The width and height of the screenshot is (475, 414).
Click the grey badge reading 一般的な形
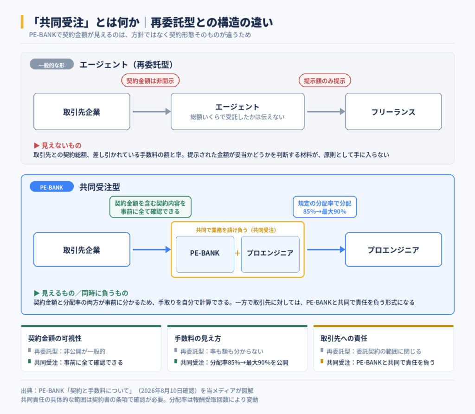(x=52, y=64)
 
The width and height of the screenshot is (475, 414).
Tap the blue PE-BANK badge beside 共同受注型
(x=52, y=186)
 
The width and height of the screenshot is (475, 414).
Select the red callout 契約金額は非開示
(x=150, y=81)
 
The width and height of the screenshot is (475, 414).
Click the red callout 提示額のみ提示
(x=325, y=81)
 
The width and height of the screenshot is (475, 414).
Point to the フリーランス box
(x=393, y=112)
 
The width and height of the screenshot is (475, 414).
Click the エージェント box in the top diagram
(x=237, y=112)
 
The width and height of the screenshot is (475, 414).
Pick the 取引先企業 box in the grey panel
(x=82, y=112)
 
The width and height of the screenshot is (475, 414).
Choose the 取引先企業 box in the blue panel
(x=82, y=249)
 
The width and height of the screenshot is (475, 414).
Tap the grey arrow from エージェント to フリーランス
(x=326, y=112)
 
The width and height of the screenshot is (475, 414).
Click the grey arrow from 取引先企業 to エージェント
(x=152, y=112)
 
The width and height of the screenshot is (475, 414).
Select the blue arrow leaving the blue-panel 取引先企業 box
(x=152, y=249)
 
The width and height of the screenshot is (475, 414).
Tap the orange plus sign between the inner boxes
(x=237, y=253)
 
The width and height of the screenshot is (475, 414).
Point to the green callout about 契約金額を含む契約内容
(x=150, y=207)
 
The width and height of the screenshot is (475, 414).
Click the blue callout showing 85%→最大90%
(x=325, y=207)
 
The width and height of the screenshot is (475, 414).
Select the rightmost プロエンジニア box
(x=393, y=249)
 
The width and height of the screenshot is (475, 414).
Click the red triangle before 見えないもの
(x=37, y=146)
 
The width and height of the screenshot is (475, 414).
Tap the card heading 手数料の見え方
(x=198, y=338)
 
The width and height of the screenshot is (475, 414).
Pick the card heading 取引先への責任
(x=344, y=338)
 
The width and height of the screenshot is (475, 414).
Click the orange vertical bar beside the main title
(x=22, y=22)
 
